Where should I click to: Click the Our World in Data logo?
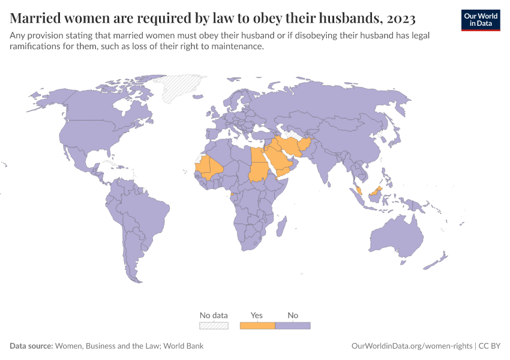point(480,20)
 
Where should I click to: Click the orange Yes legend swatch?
point(257,326)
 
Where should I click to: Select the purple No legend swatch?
point(293,326)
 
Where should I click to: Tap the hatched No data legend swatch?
point(214,326)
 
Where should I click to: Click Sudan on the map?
point(259,171)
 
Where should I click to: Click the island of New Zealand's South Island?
point(433,264)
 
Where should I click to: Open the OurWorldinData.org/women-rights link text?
point(411,346)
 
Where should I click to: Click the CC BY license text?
point(489,346)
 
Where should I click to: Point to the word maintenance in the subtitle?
point(235,47)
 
